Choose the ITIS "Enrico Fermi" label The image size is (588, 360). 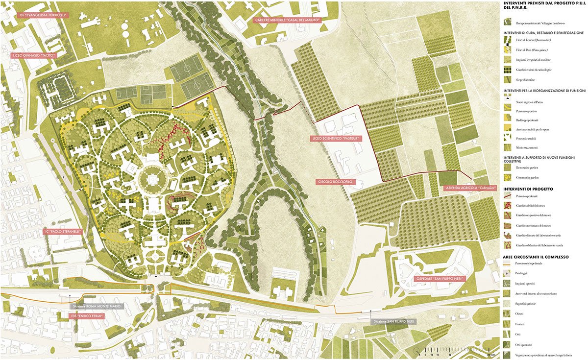click(89, 317)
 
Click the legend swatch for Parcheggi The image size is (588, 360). click(508, 273)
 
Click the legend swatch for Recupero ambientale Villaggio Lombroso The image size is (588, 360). click(508, 23)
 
